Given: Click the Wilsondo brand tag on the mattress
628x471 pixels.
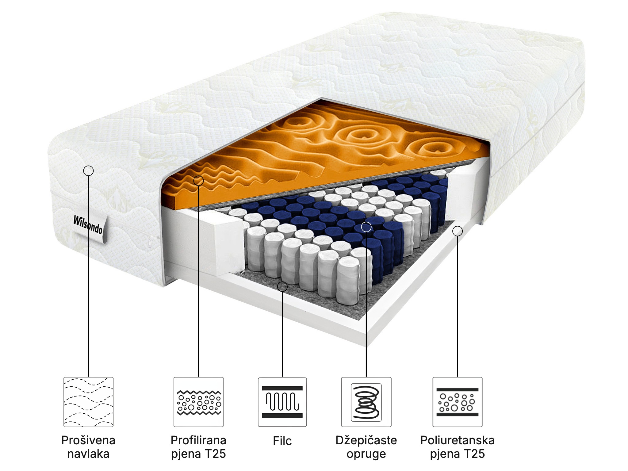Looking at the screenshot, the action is click(x=89, y=226).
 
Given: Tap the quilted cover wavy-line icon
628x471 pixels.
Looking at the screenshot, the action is click(x=88, y=402).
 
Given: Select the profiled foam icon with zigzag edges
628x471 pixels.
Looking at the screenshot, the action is click(x=198, y=402).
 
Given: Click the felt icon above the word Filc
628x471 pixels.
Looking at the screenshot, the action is click(x=282, y=402).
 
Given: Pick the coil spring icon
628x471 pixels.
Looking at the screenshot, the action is click(x=366, y=402).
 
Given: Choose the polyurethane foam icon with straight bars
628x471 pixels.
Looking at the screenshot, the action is click(x=457, y=402).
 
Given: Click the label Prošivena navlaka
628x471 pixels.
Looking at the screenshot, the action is click(x=88, y=447).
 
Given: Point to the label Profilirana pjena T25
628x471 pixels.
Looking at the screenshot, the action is click(x=198, y=447).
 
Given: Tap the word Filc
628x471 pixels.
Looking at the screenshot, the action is click(x=282, y=441).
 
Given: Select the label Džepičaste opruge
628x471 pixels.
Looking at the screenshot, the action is click(x=366, y=447).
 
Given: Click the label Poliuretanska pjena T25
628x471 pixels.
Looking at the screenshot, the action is click(x=457, y=447).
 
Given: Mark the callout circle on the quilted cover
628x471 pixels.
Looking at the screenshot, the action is click(x=88, y=170).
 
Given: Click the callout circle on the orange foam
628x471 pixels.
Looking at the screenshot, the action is click(x=198, y=181).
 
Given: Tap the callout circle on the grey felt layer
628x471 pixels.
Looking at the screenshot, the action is click(x=282, y=287).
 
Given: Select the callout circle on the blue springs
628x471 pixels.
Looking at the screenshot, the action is click(x=366, y=227).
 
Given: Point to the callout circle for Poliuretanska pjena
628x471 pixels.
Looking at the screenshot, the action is click(x=457, y=231).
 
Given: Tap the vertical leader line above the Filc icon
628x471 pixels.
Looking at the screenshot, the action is click(x=282, y=334).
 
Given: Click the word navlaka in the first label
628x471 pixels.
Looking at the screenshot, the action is click(x=88, y=454).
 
